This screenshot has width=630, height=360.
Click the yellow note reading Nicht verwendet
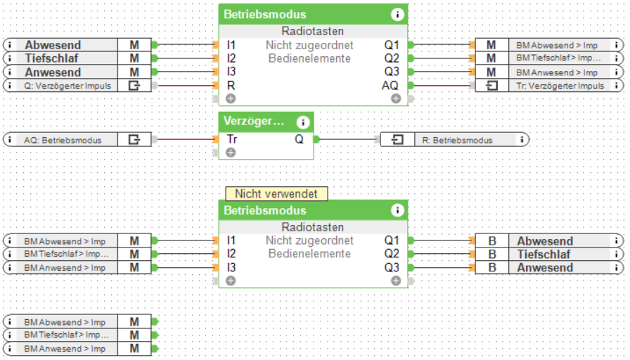tap(276, 193)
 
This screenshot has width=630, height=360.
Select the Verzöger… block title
tap(254, 121)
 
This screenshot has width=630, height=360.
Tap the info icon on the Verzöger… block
tap(303, 121)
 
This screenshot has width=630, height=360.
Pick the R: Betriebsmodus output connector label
tap(458, 140)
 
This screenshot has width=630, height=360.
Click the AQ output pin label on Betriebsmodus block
tap(390, 85)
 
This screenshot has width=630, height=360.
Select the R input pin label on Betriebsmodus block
tap(231, 85)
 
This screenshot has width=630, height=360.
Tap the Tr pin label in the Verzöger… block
tap(232, 139)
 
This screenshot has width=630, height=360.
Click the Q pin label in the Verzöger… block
tap(299, 139)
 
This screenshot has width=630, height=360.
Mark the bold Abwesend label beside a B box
tap(545, 241)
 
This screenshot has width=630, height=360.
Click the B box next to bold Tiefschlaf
tap(492, 255)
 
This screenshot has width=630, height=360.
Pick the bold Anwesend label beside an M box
tap(53, 72)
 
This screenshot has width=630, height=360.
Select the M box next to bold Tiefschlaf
tap(134, 58)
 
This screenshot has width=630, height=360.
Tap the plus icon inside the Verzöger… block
tap(231, 152)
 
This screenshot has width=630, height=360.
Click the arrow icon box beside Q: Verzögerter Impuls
tap(134, 86)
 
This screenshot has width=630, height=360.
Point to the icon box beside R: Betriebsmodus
tap(397, 140)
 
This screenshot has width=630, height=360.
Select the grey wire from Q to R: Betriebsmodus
tap(348, 139)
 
